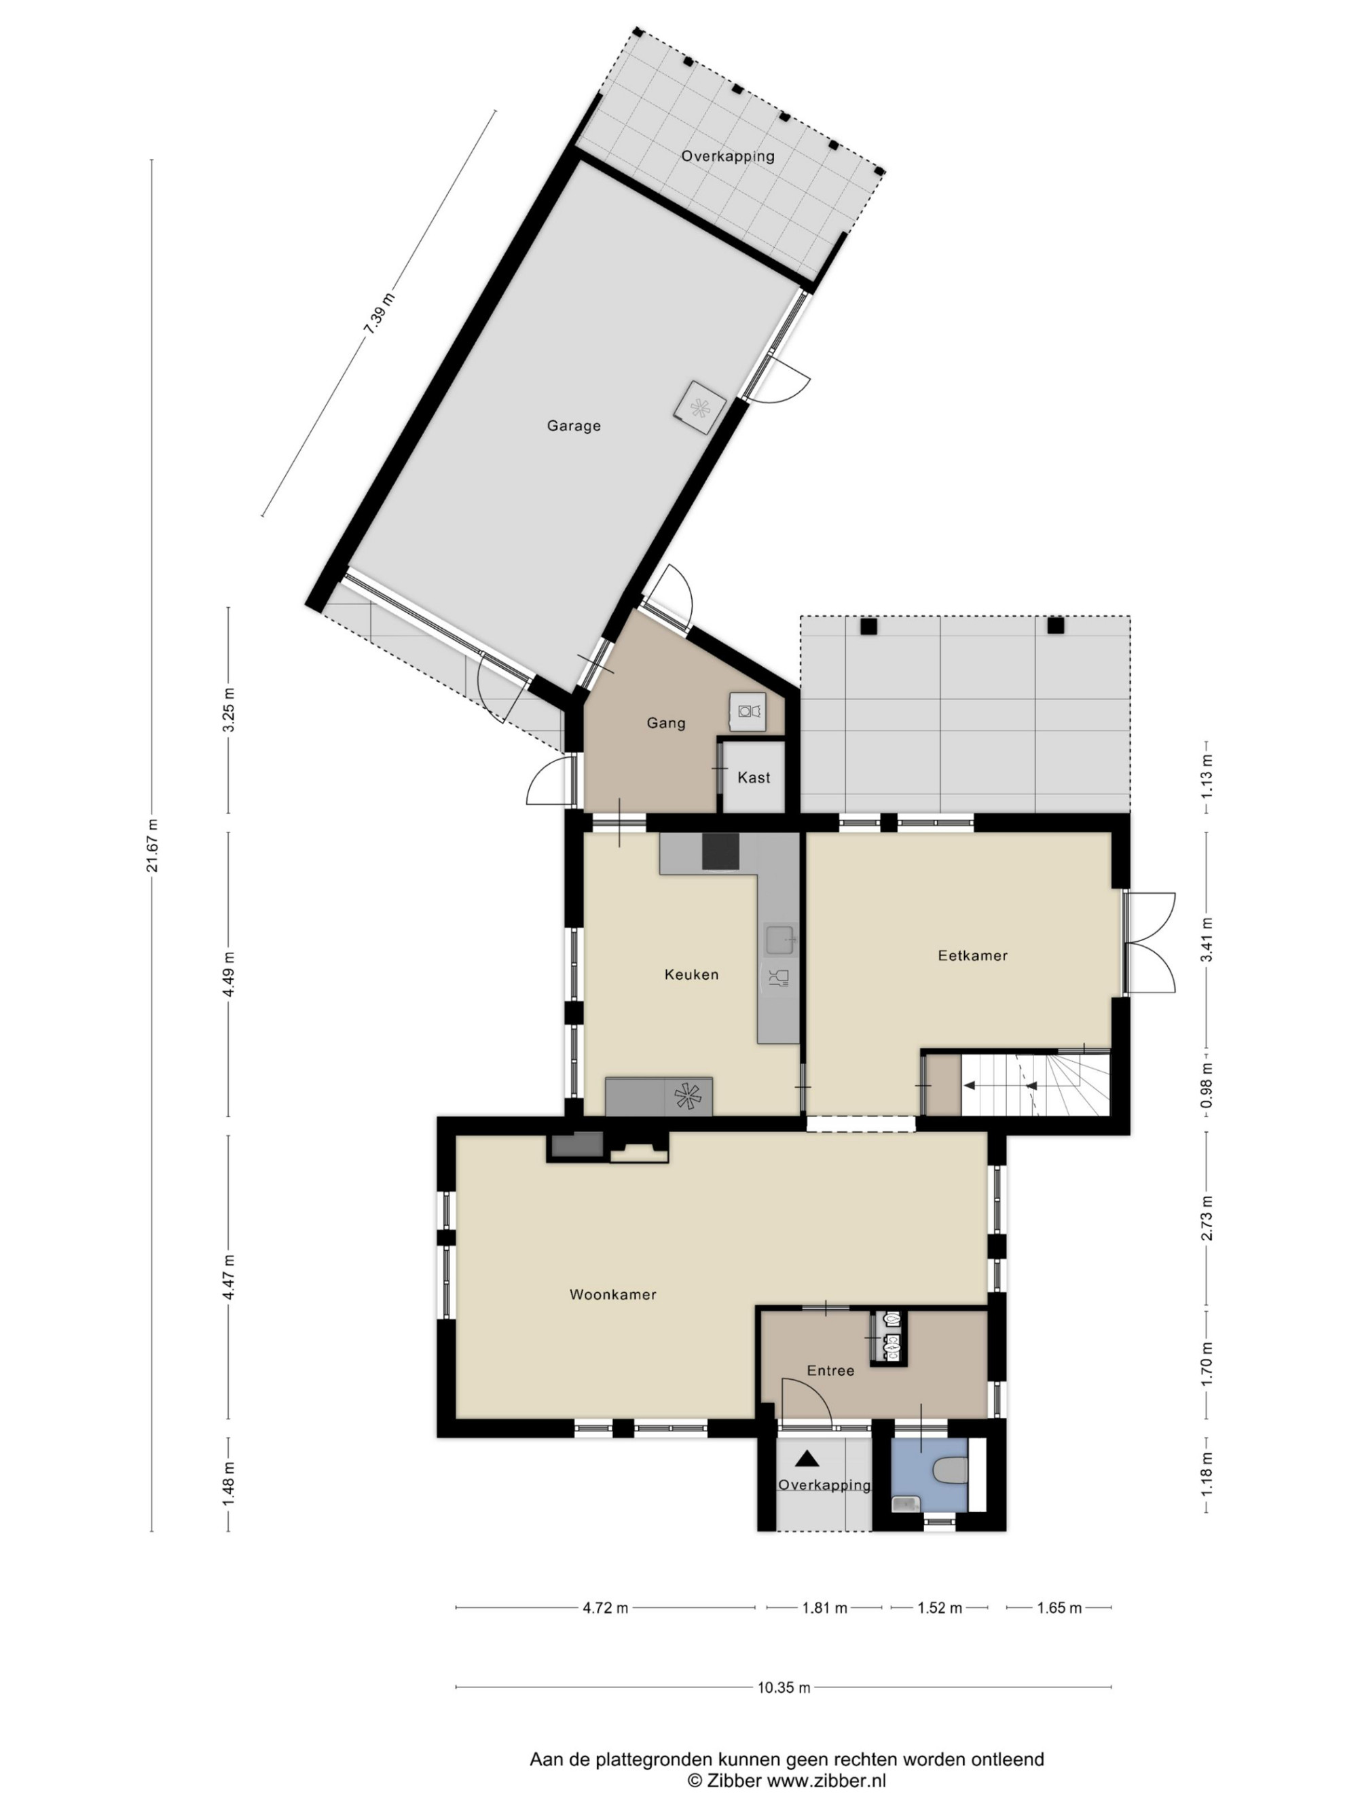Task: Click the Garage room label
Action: click(x=573, y=426)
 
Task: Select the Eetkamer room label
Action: click(x=972, y=955)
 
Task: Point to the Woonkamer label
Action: click(x=613, y=1294)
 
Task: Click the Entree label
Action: click(x=830, y=1370)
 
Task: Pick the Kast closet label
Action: click(x=754, y=778)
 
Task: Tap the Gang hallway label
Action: click(x=665, y=723)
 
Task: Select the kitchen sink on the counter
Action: click(x=781, y=939)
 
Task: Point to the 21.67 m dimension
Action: click(x=152, y=845)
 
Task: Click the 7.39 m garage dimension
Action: click(x=379, y=314)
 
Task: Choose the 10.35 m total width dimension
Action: click(x=784, y=1687)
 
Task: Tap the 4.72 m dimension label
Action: click(x=606, y=1608)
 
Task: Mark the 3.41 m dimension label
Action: click(x=1207, y=943)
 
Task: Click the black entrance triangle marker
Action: click(x=808, y=1457)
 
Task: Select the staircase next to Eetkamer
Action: click(x=1035, y=1086)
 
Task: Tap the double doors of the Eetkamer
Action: click(x=1150, y=943)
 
